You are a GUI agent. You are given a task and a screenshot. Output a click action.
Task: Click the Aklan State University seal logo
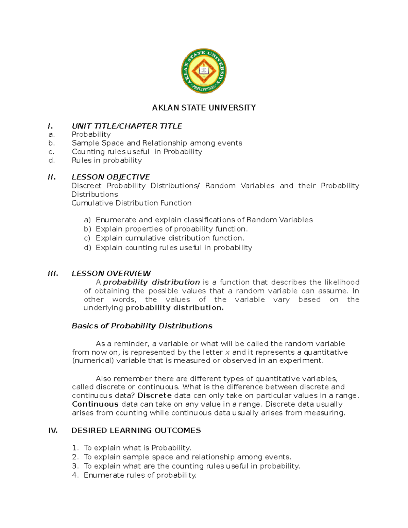(204, 71)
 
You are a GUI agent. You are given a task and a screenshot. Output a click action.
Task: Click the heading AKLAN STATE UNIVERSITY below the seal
(204, 108)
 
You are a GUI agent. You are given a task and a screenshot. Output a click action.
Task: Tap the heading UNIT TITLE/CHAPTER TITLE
(127, 126)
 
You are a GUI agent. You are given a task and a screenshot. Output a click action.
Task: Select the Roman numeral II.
(52, 177)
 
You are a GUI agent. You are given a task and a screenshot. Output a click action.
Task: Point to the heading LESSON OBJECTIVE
(111, 177)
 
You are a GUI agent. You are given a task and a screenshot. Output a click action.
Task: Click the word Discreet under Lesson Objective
(86, 186)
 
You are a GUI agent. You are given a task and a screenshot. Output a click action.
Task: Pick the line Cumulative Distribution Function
(131, 203)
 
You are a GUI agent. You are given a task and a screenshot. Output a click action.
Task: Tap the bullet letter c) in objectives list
(87, 238)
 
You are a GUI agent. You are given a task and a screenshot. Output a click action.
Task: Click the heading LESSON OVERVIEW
(111, 273)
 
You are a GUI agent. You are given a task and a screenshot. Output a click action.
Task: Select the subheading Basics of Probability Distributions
(142, 326)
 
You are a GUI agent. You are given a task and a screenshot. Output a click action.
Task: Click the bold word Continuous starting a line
(95, 404)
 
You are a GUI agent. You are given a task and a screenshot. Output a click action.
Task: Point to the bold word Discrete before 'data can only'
(154, 395)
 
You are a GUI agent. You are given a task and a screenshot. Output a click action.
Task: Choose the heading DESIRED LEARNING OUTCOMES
(136, 430)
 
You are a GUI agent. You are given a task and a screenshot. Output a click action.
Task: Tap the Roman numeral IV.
(53, 430)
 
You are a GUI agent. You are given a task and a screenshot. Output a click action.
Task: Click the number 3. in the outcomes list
(75, 466)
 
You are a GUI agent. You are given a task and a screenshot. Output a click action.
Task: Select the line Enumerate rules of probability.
(140, 475)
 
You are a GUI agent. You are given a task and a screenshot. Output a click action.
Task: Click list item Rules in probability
(107, 160)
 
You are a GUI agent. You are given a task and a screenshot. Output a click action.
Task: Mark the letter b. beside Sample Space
(51, 143)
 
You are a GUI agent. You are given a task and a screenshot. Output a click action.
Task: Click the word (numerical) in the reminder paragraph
(93, 360)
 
